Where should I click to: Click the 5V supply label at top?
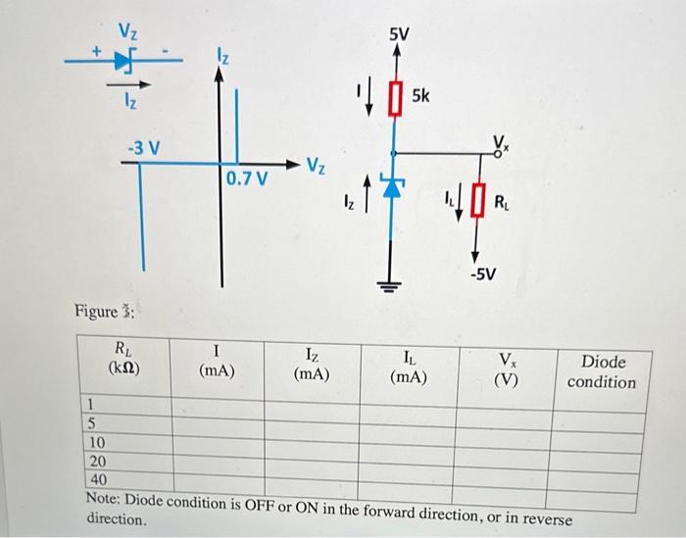pos(398,35)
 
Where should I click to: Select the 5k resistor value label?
pos(421,96)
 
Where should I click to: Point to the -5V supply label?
pos(481,272)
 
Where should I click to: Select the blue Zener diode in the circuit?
pos(394,190)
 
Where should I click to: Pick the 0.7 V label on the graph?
pos(246,178)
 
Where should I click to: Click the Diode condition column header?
pos(602,371)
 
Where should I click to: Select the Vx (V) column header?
pos(505,370)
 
